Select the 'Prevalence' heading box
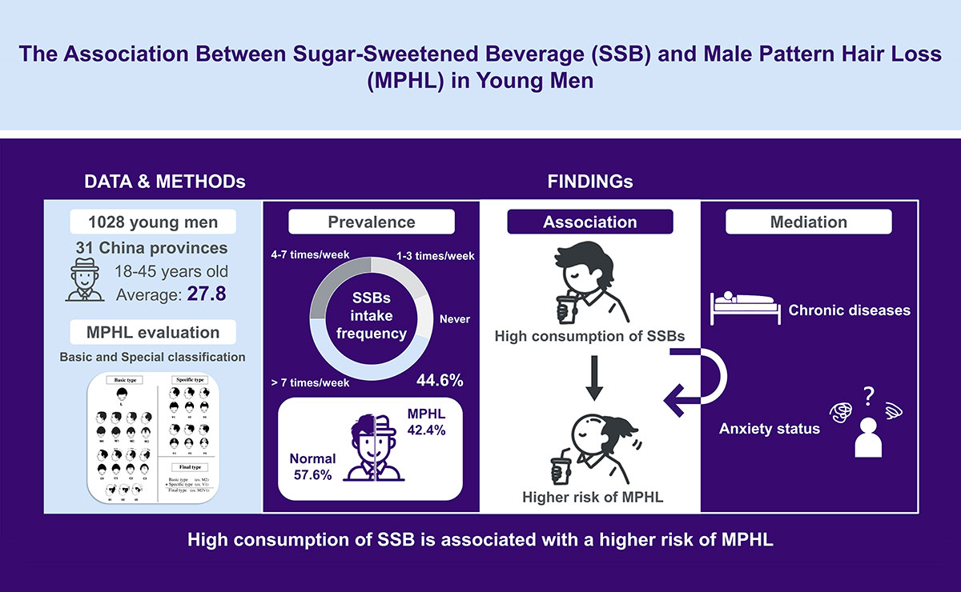(x=371, y=222)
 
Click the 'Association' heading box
(x=589, y=222)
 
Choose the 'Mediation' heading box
(x=809, y=222)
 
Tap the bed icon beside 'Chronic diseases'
(x=743, y=307)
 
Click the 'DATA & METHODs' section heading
(x=164, y=182)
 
